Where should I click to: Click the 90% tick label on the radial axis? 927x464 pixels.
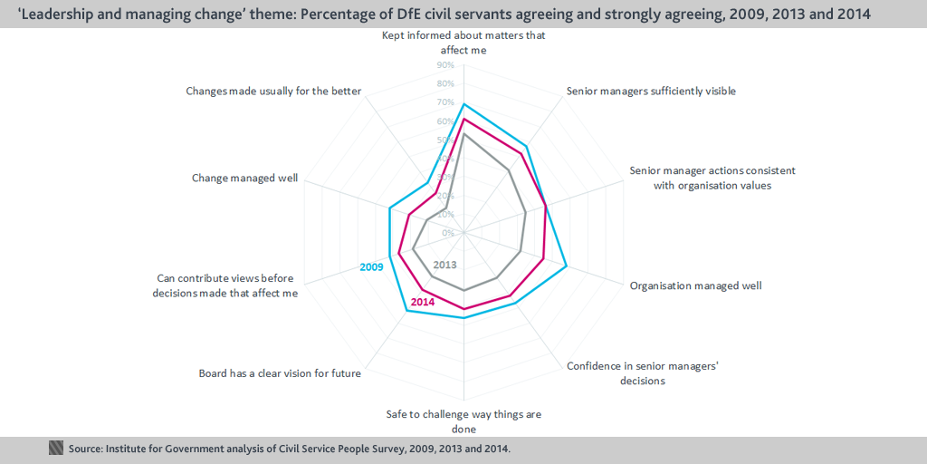click(x=445, y=64)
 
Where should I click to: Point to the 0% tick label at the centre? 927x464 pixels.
click(x=447, y=233)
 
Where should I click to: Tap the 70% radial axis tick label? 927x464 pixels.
click(x=445, y=102)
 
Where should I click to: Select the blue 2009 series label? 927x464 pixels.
click(x=371, y=267)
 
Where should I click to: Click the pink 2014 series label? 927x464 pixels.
click(x=423, y=302)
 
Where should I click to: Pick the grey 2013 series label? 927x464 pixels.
click(x=444, y=265)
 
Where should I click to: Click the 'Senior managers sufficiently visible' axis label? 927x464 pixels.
click(x=651, y=92)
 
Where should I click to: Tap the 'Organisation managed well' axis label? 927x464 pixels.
click(x=696, y=285)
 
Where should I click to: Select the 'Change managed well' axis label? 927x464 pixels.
click(x=244, y=178)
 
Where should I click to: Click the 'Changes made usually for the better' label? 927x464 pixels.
click(x=273, y=92)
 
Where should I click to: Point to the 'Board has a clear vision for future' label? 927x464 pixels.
click(x=280, y=374)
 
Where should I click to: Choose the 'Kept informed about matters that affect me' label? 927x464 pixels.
click(x=463, y=43)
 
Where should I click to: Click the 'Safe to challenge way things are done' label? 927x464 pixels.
click(x=463, y=420)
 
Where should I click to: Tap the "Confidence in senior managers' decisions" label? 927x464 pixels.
click(x=643, y=373)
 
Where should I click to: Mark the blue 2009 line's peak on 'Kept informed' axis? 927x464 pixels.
click(x=463, y=104)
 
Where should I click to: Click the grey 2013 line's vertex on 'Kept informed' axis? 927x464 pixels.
click(x=463, y=134)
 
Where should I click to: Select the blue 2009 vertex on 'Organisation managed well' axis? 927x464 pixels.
click(x=567, y=266)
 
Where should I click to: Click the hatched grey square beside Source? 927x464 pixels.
click(x=55, y=448)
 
